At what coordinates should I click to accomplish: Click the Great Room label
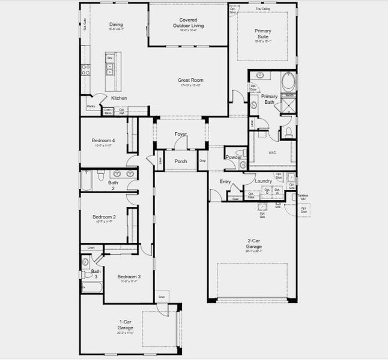(190, 80)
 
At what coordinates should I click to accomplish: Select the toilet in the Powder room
(239, 151)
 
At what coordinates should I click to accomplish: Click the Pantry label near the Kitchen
(91, 106)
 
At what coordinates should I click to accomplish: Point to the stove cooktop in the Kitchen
(86, 70)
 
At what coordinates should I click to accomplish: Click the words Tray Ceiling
(262, 10)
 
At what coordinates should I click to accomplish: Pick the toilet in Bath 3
(86, 262)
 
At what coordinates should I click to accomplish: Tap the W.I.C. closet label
(271, 152)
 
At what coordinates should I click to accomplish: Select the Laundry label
(263, 181)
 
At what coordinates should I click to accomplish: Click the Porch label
(181, 161)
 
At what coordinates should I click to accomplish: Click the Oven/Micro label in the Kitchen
(108, 110)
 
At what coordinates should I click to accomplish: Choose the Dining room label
(116, 25)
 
